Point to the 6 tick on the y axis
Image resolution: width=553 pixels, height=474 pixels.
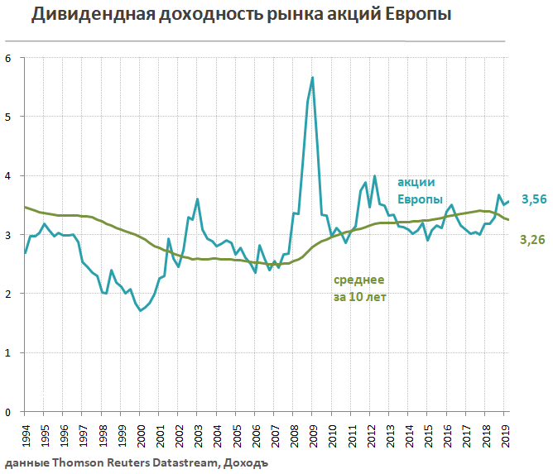(x=8, y=58)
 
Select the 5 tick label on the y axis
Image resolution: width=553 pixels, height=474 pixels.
(x=8, y=117)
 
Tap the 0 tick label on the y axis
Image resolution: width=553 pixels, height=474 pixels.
(x=8, y=411)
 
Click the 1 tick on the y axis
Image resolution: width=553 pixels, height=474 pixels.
(x=8, y=352)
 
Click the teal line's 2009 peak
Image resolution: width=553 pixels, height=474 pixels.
(x=312, y=78)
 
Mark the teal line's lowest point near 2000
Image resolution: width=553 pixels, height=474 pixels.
(x=141, y=310)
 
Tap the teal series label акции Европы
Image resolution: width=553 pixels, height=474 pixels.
(x=416, y=191)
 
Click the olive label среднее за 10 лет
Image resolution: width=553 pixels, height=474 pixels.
(x=360, y=288)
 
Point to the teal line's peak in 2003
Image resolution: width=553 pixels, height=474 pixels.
(x=197, y=199)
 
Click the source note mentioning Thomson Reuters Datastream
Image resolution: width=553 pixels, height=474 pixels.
(x=137, y=463)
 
